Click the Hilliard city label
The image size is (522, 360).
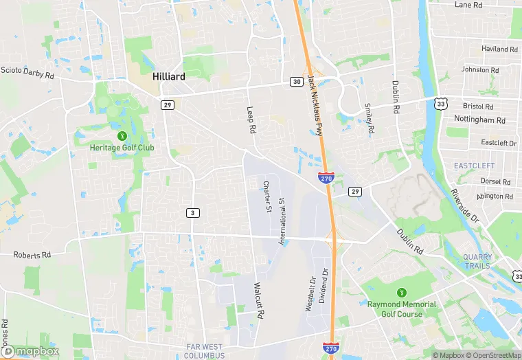168,77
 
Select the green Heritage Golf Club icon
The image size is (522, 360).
122,136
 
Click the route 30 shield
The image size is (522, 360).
296,82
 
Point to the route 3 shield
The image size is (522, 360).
193,213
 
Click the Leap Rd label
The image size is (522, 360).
252,120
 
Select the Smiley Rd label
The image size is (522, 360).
370,119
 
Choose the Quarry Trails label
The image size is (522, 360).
477,261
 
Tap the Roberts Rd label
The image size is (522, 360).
32,254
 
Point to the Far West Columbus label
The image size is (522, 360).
205,350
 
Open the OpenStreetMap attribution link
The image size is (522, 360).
489,355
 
